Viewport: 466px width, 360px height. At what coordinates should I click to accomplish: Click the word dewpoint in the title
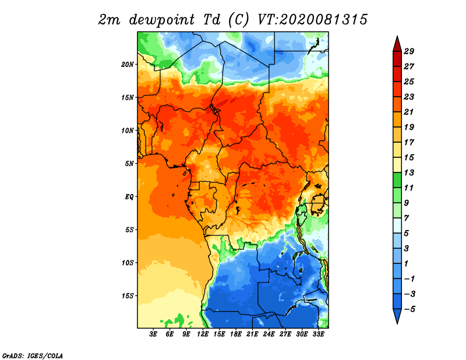click(162, 20)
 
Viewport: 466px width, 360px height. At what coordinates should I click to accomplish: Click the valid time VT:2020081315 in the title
click(312, 20)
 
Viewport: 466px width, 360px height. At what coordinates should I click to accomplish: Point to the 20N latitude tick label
click(128, 65)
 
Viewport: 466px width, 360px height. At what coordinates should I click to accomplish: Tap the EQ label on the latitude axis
click(129, 197)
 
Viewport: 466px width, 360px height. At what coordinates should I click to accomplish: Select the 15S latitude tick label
click(128, 296)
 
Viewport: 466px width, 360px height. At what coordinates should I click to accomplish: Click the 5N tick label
click(129, 164)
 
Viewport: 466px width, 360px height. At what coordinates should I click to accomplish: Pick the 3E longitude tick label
click(153, 334)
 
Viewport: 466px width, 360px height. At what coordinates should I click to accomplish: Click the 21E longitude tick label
click(252, 334)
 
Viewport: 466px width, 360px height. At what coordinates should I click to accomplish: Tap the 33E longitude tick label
click(318, 334)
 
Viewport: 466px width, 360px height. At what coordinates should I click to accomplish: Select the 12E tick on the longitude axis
click(203, 334)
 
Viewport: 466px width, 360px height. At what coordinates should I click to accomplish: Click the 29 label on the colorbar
click(409, 51)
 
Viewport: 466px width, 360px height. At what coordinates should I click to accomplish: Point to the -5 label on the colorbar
click(409, 309)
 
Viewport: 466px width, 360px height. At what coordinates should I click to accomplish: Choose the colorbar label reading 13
click(409, 172)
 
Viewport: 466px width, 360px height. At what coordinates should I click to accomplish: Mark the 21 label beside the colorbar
click(409, 112)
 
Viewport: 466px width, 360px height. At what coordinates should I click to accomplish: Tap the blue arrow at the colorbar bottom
click(397, 315)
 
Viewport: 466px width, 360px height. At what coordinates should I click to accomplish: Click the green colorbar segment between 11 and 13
click(397, 180)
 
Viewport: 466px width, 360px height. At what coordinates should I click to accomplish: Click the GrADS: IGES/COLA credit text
click(33, 355)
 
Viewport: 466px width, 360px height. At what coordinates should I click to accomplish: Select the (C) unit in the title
click(238, 20)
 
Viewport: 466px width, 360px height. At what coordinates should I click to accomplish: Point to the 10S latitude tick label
click(128, 263)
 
